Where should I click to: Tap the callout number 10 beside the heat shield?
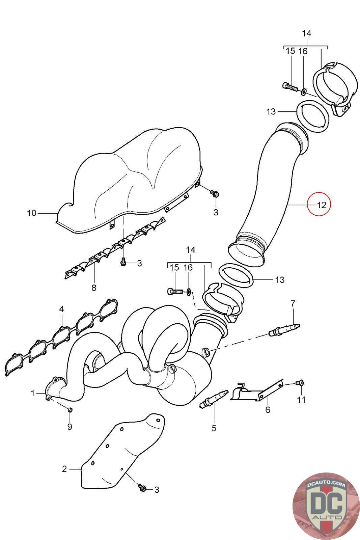pos(31,213)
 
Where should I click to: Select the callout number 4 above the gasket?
pos(61,309)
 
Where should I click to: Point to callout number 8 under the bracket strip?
pos(94,288)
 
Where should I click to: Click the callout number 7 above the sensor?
pos(293,303)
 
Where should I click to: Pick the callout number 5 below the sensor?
pos(214,428)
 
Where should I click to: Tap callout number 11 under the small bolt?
pos(301,400)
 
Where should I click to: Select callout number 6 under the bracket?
pos(268,410)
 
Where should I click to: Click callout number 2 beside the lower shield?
pos(65,469)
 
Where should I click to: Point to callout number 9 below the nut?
pos(70,427)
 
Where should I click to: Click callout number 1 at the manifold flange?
pos(33,393)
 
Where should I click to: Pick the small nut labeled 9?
pos(70,410)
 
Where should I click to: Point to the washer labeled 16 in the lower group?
pos(189,291)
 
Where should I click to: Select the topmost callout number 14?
pos(306,33)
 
